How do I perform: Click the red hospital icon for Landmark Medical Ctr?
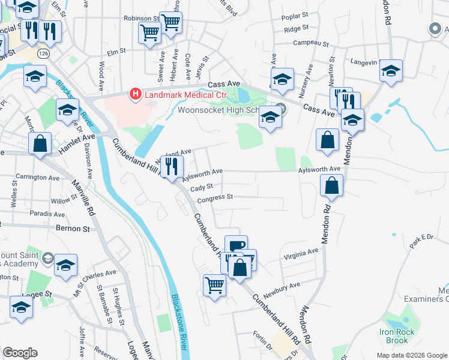point(135,95)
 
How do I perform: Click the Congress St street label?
point(215,197)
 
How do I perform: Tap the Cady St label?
point(202,188)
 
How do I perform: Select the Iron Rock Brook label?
point(394,336)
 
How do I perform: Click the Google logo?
point(20,352)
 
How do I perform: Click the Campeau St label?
point(310,44)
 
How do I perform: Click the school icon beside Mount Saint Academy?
point(65,265)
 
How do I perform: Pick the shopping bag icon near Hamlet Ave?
point(40,144)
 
